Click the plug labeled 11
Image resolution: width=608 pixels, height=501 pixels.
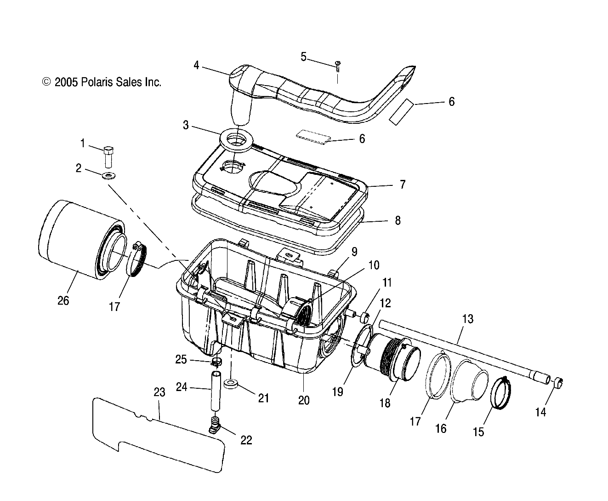pos(365,317)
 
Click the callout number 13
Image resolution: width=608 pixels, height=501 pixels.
pos(467,319)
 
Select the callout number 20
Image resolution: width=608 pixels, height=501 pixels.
pos(303,400)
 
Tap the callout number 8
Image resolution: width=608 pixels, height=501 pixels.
pos(397,220)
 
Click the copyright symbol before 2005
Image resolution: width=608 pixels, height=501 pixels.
pos(46,82)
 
